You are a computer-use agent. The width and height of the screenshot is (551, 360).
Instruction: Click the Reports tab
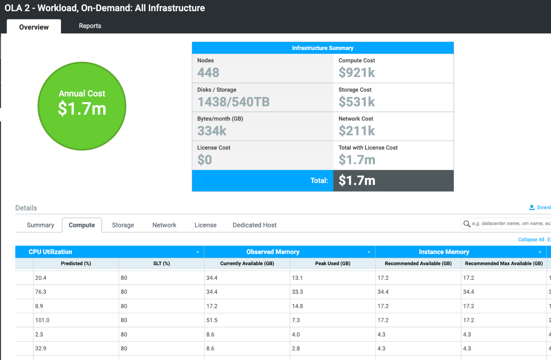click(90, 26)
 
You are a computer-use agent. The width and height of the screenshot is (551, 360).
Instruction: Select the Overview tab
click(34, 27)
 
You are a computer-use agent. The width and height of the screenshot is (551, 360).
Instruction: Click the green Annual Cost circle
click(82, 106)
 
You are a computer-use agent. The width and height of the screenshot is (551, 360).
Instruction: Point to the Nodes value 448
click(208, 72)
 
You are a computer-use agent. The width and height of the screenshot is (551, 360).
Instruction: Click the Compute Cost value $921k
click(357, 72)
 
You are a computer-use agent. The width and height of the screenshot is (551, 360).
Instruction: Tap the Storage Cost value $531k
click(357, 102)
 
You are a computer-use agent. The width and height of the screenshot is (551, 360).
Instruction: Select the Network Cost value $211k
click(357, 131)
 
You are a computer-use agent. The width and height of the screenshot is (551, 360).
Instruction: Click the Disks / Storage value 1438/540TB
click(234, 102)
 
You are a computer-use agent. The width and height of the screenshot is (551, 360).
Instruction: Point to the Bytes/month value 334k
click(212, 131)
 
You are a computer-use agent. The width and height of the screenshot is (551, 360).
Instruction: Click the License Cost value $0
click(205, 160)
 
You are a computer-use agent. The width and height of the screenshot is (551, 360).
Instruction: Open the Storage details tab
click(123, 225)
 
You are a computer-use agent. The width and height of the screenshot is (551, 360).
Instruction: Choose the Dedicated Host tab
click(254, 225)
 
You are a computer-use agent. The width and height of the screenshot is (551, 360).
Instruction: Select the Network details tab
click(164, 225)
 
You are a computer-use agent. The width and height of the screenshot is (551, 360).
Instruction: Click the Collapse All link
click(531, 239)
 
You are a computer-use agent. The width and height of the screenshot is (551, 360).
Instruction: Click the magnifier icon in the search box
click(467, 224)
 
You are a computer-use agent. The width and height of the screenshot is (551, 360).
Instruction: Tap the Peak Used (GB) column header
click(332, 263)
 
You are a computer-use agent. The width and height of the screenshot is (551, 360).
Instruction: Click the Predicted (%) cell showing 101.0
click(42, 320)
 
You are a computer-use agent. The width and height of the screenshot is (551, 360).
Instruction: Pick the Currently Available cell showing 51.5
click(212, 320)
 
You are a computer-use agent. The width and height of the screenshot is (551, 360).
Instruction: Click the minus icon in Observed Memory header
click(369, 252)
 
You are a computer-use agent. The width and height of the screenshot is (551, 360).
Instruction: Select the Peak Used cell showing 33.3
click(297, 292)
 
